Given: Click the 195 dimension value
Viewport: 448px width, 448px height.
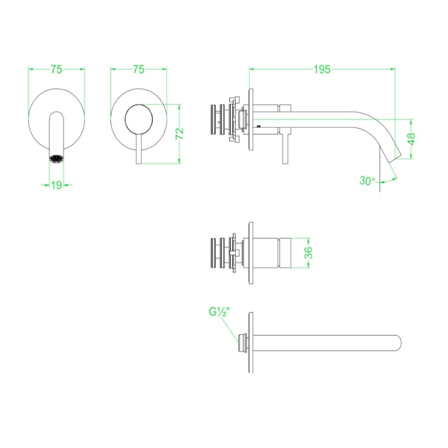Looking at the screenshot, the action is coord(322,70).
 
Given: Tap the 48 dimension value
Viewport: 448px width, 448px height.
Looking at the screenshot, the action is coord(411,138).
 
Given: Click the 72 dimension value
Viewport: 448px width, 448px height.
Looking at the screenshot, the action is coord(180,133).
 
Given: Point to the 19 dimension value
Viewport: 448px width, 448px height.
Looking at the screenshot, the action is coord(56,185).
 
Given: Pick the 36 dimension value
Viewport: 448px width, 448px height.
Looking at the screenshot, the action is coord(308,253).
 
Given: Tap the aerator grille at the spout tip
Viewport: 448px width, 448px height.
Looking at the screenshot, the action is coord(56,159).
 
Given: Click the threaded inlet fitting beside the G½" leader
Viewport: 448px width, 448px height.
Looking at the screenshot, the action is coord(242,342).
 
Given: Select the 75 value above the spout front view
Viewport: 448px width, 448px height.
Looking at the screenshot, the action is coord(56,70).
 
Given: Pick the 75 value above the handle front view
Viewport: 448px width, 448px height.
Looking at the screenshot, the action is coord(138,70).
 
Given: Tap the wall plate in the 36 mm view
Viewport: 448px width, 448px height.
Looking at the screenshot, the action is coord(250,254).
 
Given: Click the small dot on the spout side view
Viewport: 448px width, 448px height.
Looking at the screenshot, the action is coord(258,126).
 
